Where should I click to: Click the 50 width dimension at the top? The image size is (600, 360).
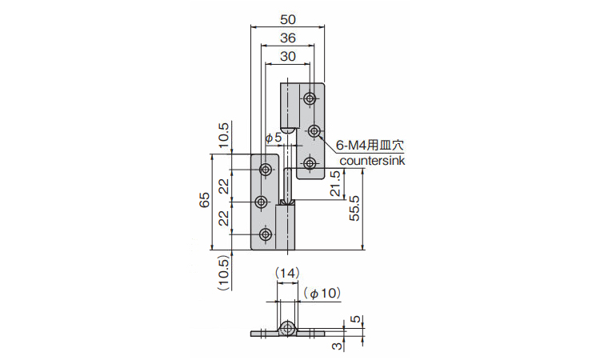click(x=288, y=19)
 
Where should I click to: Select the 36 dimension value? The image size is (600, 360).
click(x=288, y=38)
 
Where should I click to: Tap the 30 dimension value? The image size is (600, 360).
click(x=288, y=57)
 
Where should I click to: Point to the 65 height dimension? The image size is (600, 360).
click(x=205, y=200)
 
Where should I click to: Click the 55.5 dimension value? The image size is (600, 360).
click(x=354, y=208)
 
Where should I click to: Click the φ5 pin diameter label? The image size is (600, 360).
click(x=274, y=138)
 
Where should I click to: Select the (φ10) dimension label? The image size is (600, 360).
click(x=322, y=294)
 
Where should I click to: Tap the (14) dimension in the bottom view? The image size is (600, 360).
click(x=287, y=273)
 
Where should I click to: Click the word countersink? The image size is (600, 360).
click(x=372, y=161)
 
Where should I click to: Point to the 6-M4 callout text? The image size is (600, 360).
click(x=370, y=145)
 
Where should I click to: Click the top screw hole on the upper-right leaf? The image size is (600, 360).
click(x=310, y=98)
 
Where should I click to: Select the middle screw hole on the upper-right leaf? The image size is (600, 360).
click(x=314, y=131)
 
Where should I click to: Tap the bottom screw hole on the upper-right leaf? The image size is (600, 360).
click(x=310, y=164)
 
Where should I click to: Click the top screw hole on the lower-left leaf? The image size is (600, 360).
click(x=266, y=169)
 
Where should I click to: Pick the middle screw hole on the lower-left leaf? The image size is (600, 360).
click(x=262, y=202)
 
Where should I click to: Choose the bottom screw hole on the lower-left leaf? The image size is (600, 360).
click(x=266, y=234)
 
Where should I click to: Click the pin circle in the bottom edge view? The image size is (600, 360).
click(x=287, y=329)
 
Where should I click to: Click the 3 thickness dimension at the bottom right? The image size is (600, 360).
click(x=336, y=346)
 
